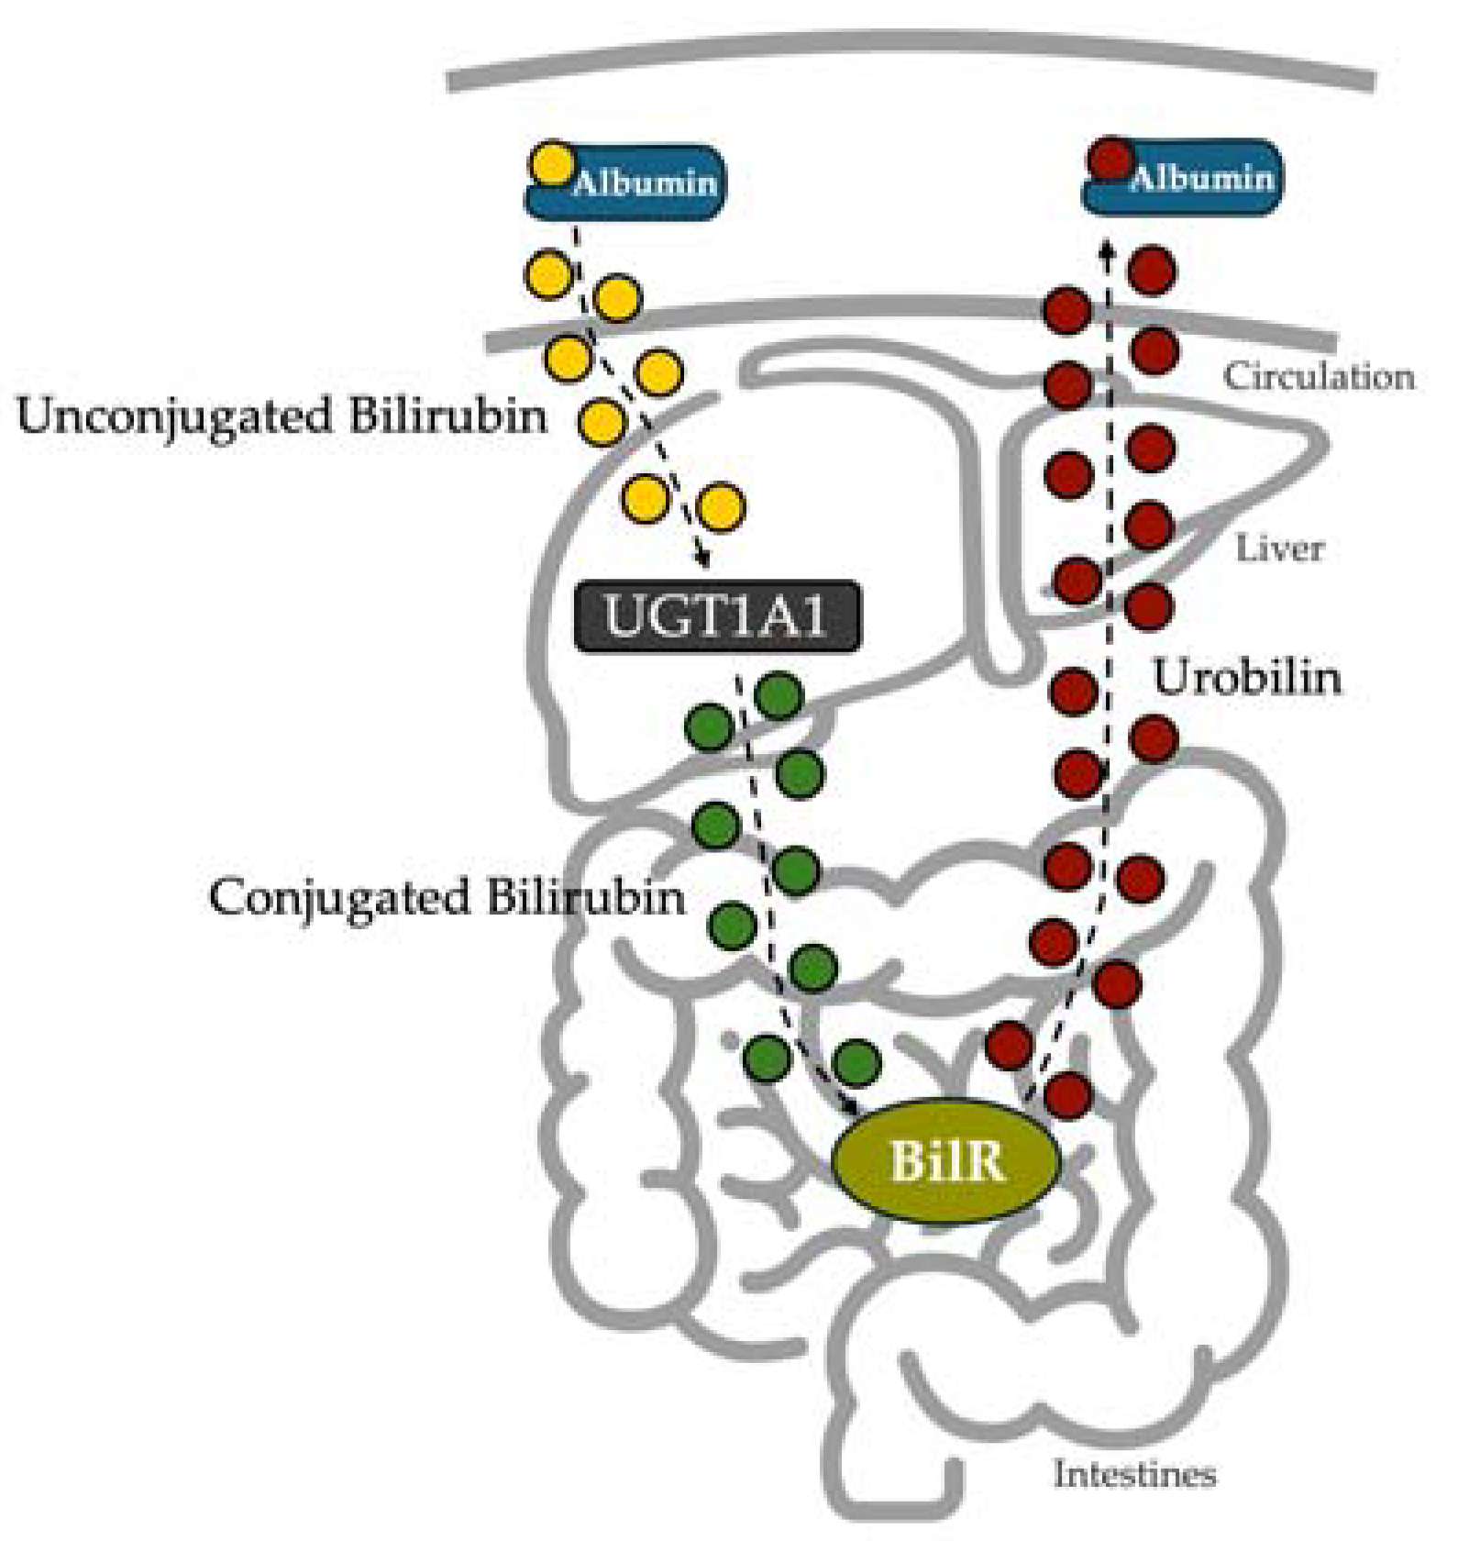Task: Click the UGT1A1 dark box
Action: click(717, 616)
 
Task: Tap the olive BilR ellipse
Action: click(946, 1161)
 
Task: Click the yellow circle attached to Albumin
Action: click(552, 165)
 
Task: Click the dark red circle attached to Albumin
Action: click(1111, 160)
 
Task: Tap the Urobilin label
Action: click(1245, 679)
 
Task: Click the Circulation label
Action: click(1319, 377)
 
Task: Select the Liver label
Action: click(1279, 549)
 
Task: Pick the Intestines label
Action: click(1134, 1475)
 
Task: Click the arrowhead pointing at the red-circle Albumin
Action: click(1107, 249)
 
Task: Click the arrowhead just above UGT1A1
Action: click(704, 558)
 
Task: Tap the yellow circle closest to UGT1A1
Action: click(721, 507)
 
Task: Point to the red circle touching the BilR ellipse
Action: click(1067, 1095)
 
